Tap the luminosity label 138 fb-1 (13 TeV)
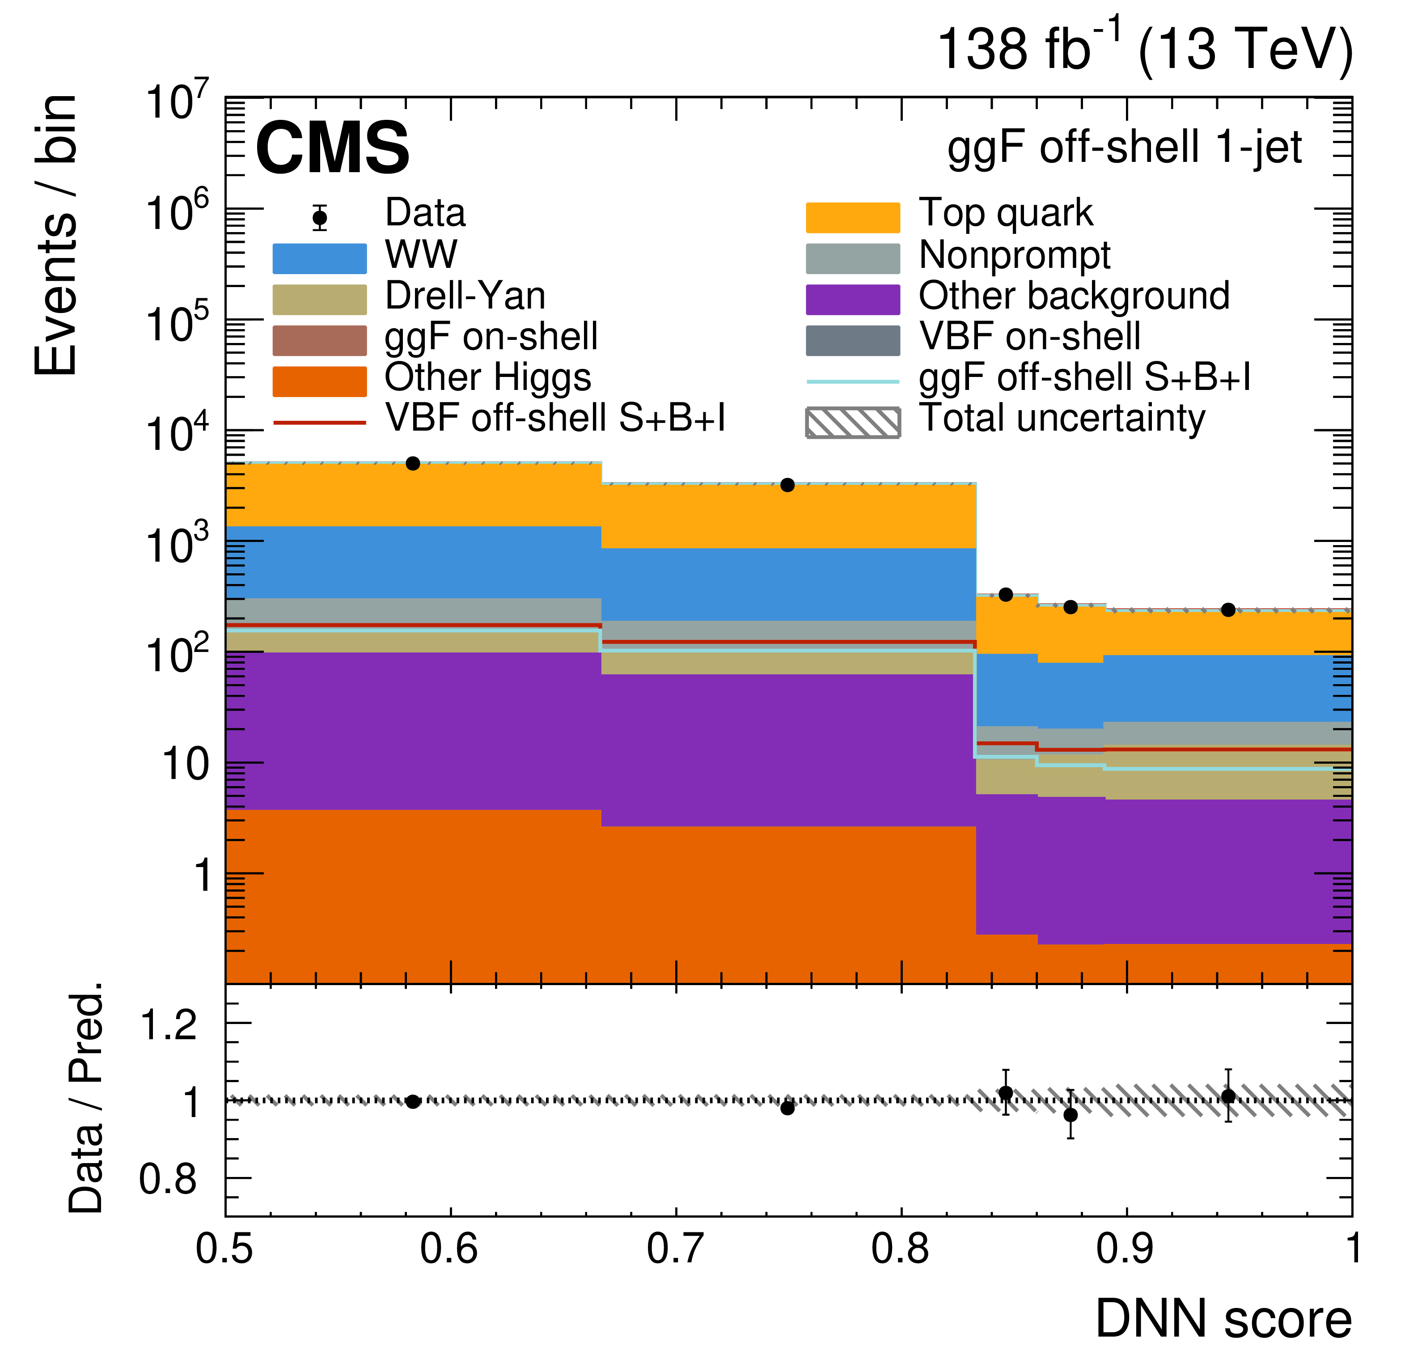[x=1144, y=49]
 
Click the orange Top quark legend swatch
[x=853, y=217]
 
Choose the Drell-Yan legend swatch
[x=319, y=300]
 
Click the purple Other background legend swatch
[x=853, y=300]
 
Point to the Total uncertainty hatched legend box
[x=853, y=423]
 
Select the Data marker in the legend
[x=320, y=217]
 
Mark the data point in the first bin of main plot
[x=413, y=464]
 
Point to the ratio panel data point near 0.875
[x=1071, y=1115]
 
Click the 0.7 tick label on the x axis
[x=675, y=1248]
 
